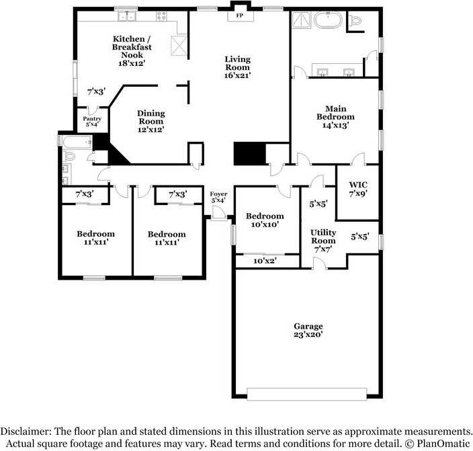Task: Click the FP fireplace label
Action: pos(239,15)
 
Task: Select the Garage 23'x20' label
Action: pos(308,330)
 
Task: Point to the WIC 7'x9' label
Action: pos(358,190)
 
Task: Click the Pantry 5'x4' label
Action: pos(92,122)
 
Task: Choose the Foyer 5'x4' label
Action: pos(218,197)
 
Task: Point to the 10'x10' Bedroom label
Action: pos(265,220)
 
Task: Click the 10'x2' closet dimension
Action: pos(265,261)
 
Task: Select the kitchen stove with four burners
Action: pos(162,15)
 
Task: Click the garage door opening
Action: pos(307,395)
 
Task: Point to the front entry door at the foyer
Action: pos(219,214)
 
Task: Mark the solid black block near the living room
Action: pos(250,154)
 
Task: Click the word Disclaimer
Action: pos(26,431)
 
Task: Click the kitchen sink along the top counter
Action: pos(127,16)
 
